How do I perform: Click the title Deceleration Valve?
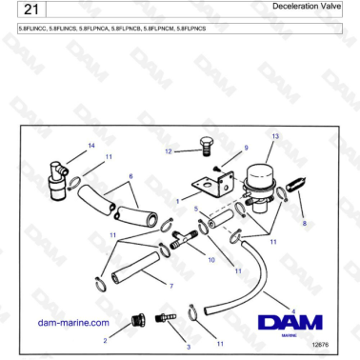pos(306,7)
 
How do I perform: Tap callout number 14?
pos(91,146)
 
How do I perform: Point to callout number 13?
pos(274,137)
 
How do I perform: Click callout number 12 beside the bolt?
pos(169,150)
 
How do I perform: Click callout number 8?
pos(305,223)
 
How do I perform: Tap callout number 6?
pos(130,176)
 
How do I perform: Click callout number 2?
pos(104,339)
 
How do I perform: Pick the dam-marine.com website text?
pos(73,323)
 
